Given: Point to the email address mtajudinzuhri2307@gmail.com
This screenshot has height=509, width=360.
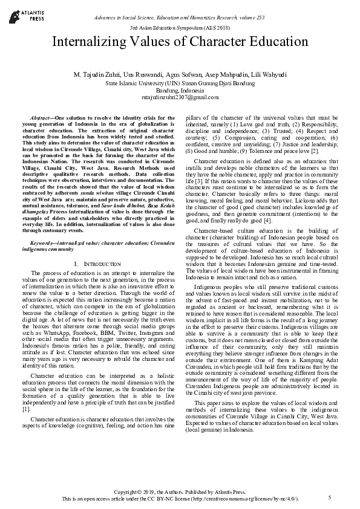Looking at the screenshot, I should point(180,97).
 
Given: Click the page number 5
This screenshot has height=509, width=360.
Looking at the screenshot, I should point(330,497).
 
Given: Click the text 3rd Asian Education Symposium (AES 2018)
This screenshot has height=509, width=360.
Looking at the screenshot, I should point(180,28).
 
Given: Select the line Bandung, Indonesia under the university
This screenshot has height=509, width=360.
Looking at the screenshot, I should point(180,89).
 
